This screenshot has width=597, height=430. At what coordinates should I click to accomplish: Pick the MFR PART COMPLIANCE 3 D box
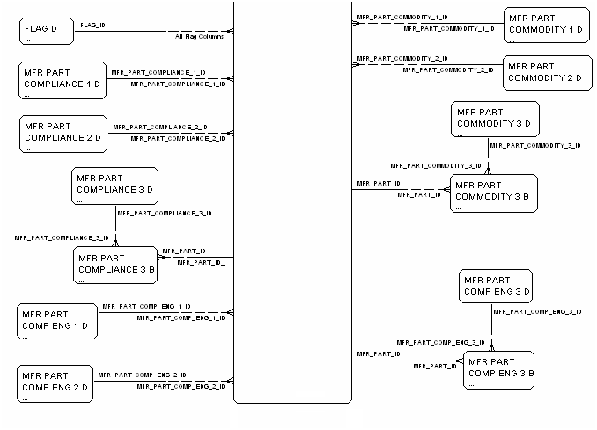[114, 186]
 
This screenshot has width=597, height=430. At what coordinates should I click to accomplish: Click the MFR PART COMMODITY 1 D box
[546, 26]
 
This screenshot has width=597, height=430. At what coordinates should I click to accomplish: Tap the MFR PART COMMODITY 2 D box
[546, 72]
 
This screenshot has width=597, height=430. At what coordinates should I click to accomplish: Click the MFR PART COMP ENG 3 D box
[497, 287]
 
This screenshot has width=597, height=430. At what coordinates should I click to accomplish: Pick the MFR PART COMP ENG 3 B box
[498, 369]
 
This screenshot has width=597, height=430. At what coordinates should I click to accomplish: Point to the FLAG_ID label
[94, 26]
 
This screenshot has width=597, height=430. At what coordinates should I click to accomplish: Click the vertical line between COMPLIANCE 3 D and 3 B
[115, 226]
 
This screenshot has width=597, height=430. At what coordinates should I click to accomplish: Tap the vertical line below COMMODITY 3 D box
[488, 155]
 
